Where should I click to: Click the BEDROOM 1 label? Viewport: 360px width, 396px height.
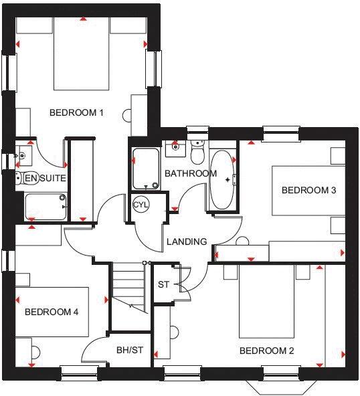pyautogui.click(x=76, y=112)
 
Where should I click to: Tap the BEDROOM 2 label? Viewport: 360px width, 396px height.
pyautogui.click(x=266, y=351)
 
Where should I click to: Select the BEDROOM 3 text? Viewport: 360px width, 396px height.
pyautogui.click(x=308, y=191)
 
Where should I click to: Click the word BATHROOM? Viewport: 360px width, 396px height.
pyautogui.click(x=191, y=174)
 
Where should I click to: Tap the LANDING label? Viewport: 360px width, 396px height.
pyautogui.click(x=187, y=241)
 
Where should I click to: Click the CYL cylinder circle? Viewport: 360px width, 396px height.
pyautogui.click(x=141, y=204)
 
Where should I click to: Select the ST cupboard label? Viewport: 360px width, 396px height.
pyautogui.click(x=163, y=285)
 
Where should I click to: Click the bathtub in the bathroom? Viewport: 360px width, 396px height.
pyautogui.click(x=223, y=179)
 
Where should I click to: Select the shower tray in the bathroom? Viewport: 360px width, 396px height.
pyautogui.click(x=145, y=168)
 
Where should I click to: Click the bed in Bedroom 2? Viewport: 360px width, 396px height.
pyautogui.click(x=266, y=301)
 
